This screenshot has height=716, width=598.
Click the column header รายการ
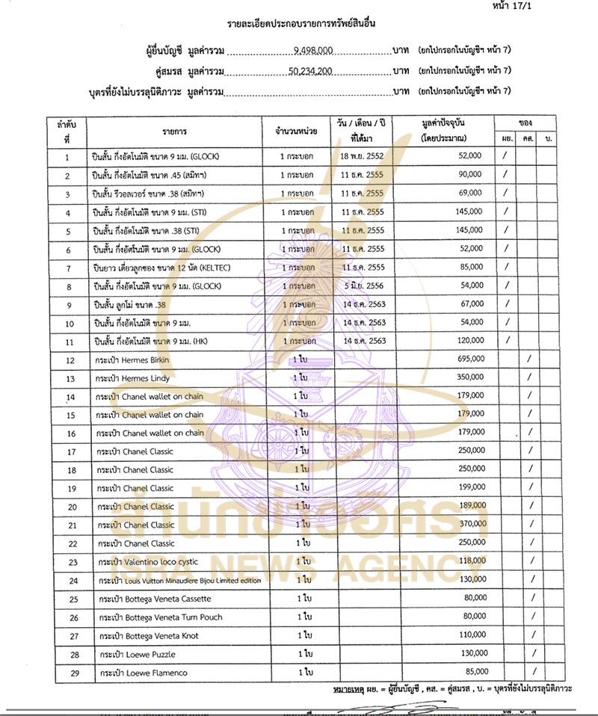tap(174, 131)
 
